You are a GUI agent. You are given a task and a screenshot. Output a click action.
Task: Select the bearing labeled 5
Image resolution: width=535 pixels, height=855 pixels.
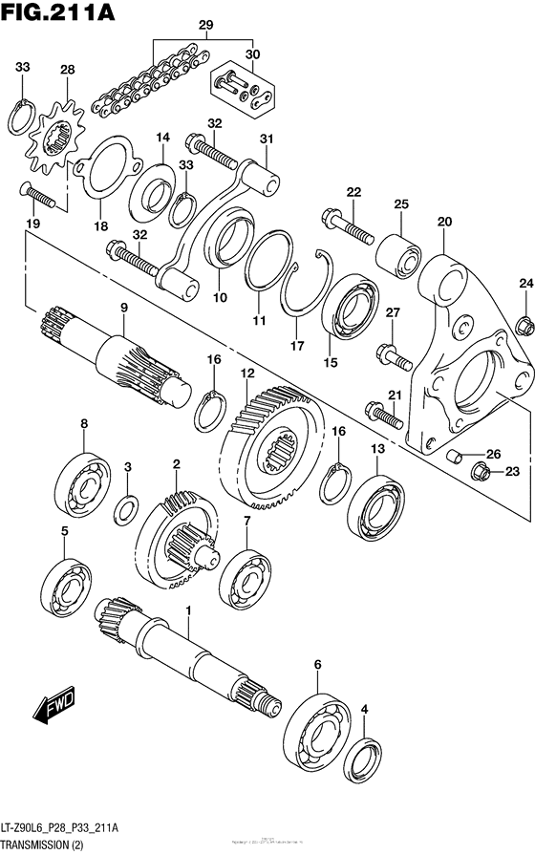pos(66,585)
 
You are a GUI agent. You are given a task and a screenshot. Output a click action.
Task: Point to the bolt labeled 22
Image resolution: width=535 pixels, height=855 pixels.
pos(348,223)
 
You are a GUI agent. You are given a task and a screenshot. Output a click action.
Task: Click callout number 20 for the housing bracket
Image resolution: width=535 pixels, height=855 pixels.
pos(443,222)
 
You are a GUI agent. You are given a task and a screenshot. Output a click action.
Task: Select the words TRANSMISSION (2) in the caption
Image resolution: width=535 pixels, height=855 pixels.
pos(49,845)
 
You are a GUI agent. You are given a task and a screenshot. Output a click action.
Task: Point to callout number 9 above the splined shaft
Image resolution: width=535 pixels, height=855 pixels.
pos(123,307)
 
